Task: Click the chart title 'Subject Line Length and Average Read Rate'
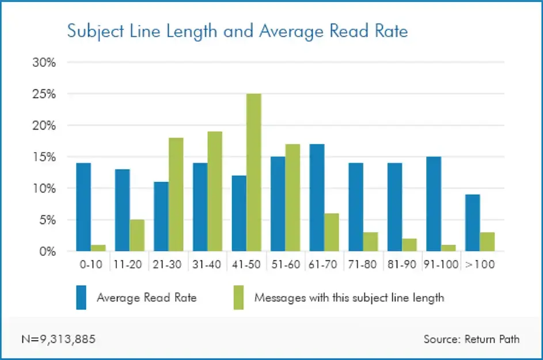point(237,31)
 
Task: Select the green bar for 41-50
point(253,172)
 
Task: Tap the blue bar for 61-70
point(317,198)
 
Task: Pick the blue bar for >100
point(472,223)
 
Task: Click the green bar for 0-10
point(98,248)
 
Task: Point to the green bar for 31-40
point(215,191)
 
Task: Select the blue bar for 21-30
point(161,217)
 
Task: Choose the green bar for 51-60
point(293,198)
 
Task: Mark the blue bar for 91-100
point(433,204)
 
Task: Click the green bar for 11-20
point(137,236)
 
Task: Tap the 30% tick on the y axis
point(44,62)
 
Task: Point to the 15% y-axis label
point(44,157)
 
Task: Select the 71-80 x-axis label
point(363,266)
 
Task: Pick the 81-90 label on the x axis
point(401,266)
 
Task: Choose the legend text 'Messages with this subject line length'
point(349,298)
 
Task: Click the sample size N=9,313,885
point(59,339)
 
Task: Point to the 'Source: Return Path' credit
point(471,339)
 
